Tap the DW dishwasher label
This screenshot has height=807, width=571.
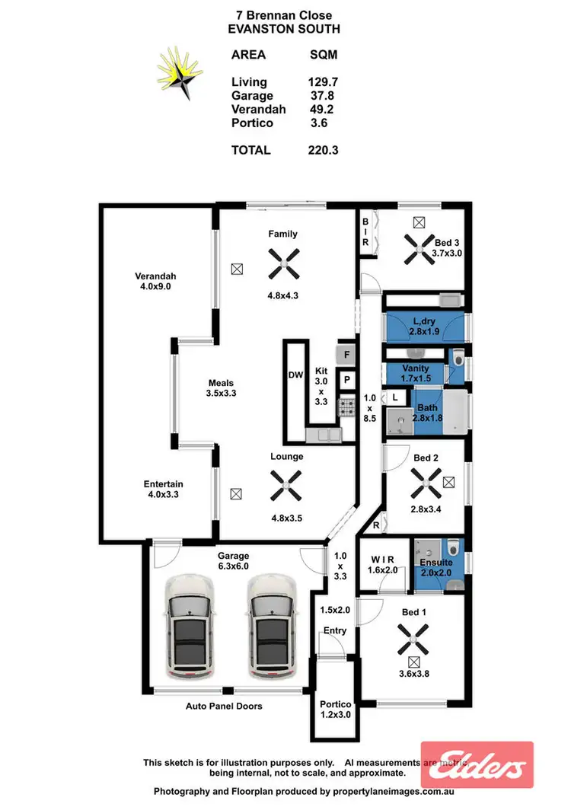pos(296,375)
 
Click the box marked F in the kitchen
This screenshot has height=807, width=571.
pos(346,354)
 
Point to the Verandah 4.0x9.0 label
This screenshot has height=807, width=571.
pos(156,282)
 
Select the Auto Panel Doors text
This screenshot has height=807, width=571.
pos(224,707)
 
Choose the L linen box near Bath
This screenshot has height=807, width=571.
pos(395,397)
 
